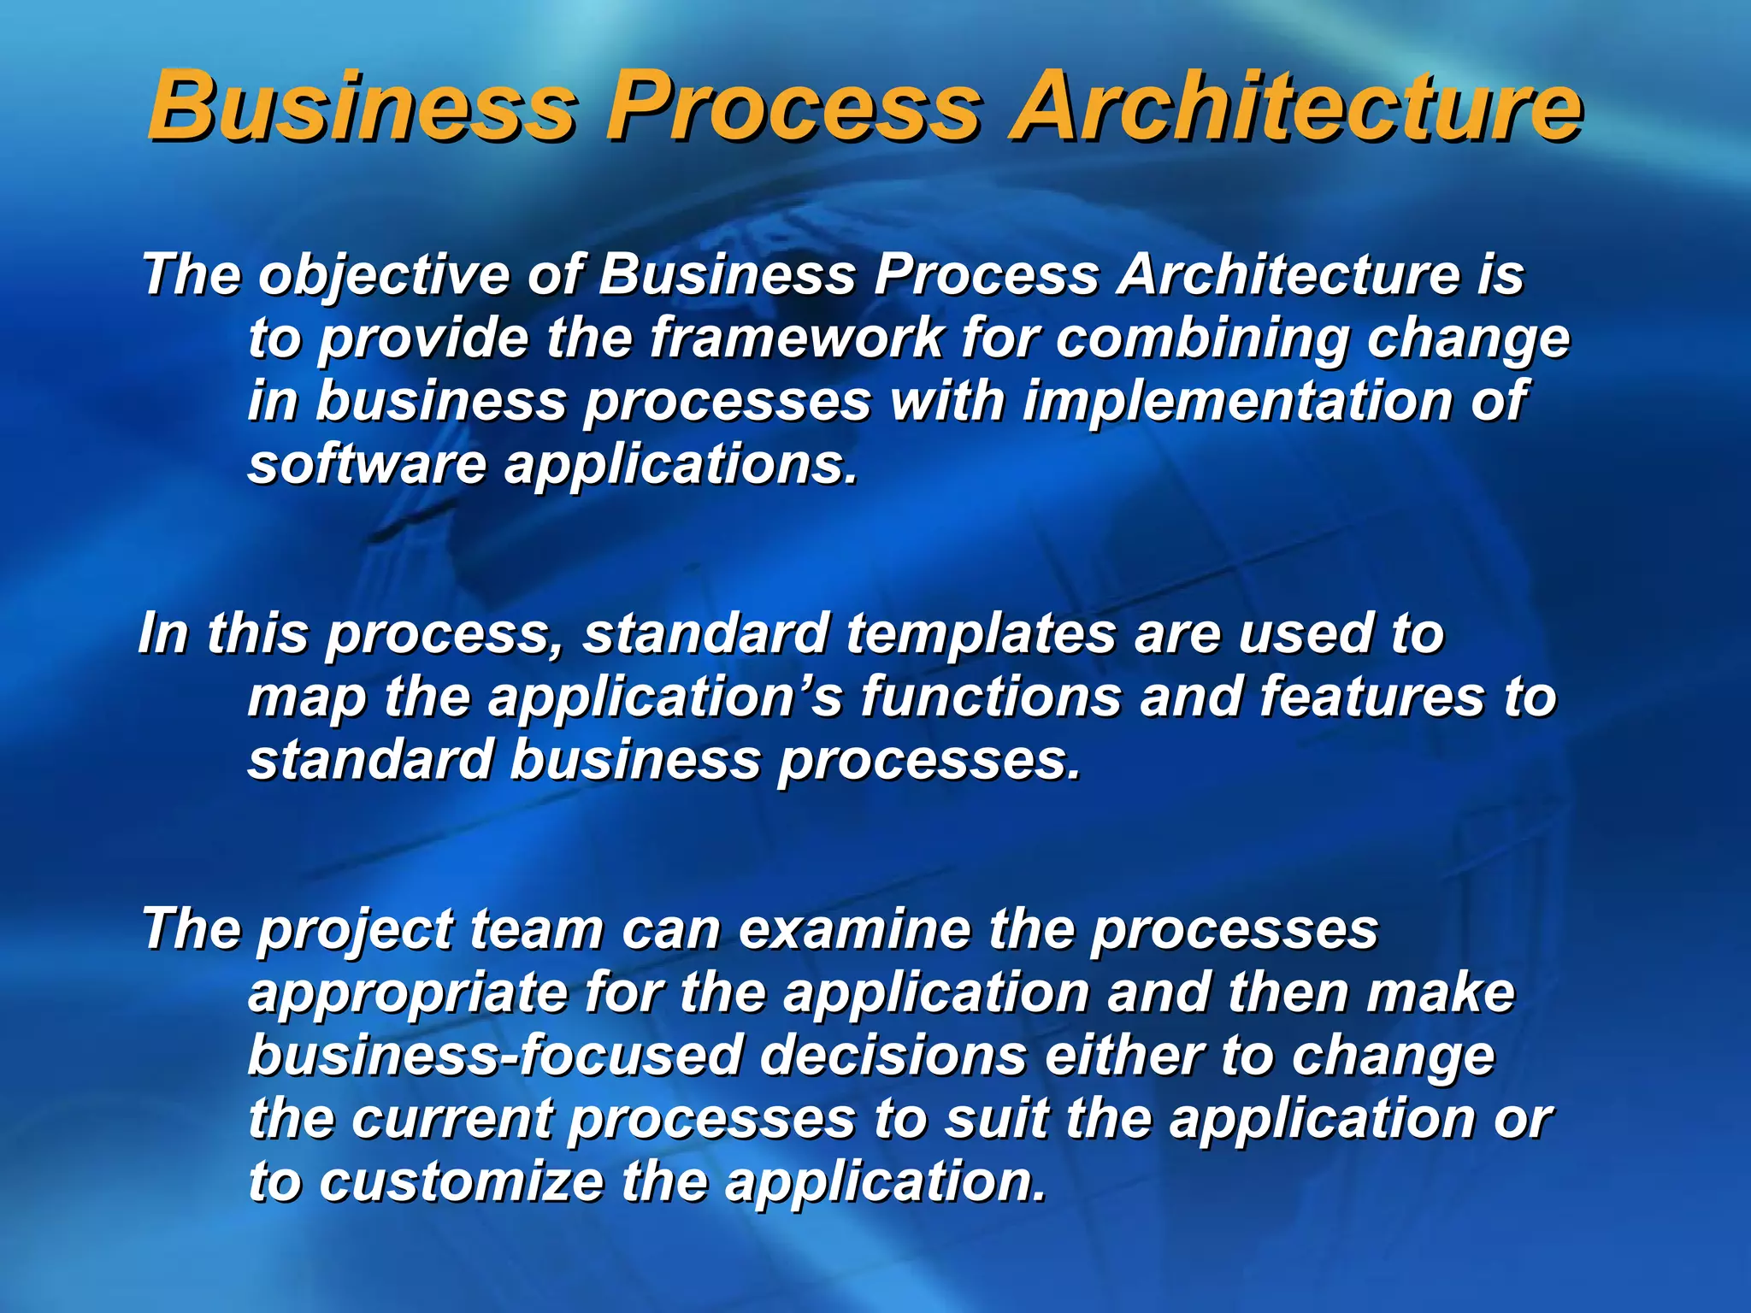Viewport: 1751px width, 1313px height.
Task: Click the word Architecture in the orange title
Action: tap(1294, 108)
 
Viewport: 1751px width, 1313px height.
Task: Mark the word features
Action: tap(1371, 697)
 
